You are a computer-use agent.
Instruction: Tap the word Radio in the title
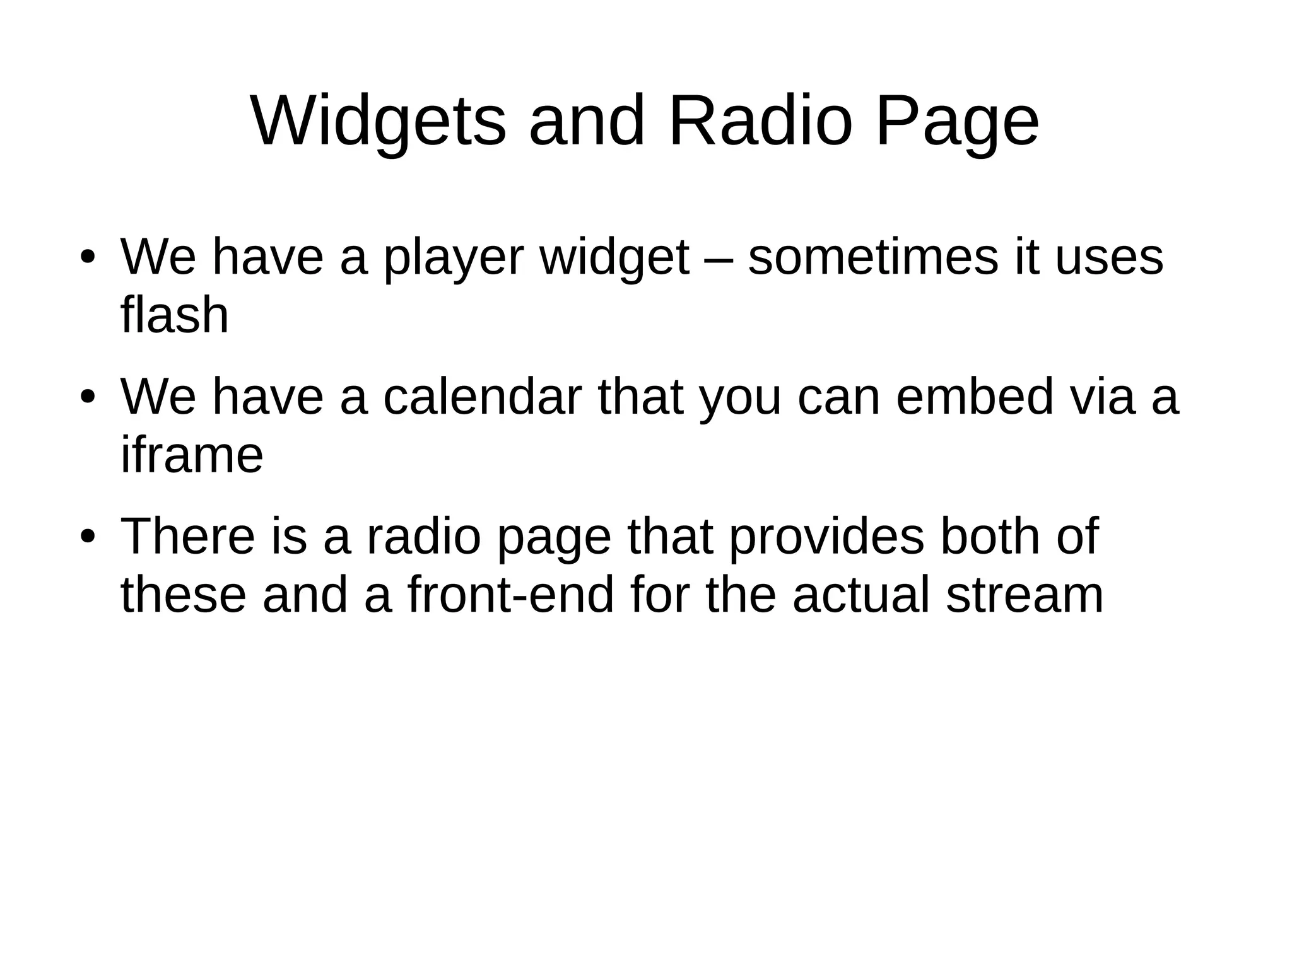(760, 121)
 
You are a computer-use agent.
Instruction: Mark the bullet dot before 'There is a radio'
(88, 537)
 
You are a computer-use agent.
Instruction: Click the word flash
(174, 315)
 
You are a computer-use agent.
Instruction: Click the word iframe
(192, 455)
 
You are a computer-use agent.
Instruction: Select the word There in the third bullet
(188, 537)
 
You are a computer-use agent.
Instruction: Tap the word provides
(826, 537)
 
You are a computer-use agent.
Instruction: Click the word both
(990, 537)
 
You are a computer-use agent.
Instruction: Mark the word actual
(861, 595)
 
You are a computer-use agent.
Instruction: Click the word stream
(1025, 595)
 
